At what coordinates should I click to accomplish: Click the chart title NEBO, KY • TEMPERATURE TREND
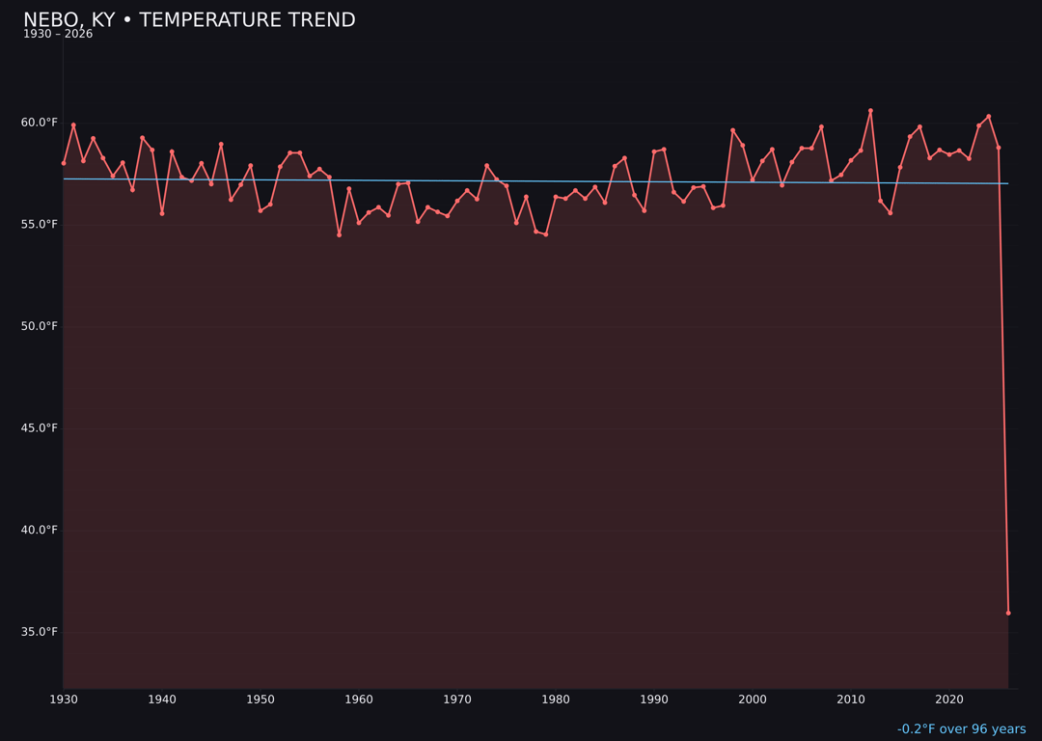pos(189,20)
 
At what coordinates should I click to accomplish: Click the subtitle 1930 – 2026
pos(58,35)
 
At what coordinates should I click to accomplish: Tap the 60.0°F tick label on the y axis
pos(39,123)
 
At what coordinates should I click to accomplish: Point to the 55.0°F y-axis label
pos(39,225)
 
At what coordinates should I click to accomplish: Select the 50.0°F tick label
pos(39,326)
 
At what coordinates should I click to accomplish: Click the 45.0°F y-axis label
pos(39,428)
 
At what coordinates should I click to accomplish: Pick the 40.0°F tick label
pos(39,530)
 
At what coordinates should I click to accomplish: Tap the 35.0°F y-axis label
pos(39,632)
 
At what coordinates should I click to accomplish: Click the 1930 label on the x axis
pos(64,700)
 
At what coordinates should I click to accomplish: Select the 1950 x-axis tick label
pos(260,700)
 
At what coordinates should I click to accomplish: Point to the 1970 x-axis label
pos(457,700)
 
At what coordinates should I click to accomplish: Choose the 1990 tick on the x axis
pos(654,700)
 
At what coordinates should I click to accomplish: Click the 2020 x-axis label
pos(949,700)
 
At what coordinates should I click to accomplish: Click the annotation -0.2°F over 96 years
pos(961,729)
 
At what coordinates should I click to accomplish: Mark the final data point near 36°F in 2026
pos(1008,613)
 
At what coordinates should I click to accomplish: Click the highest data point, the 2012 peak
pos(870,111)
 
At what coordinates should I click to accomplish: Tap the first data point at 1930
pos(64,163)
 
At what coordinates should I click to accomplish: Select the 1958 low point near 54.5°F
pos(339,234)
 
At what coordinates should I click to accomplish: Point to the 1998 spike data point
pos(732,130)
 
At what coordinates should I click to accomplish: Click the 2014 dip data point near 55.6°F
pos(891,212)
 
